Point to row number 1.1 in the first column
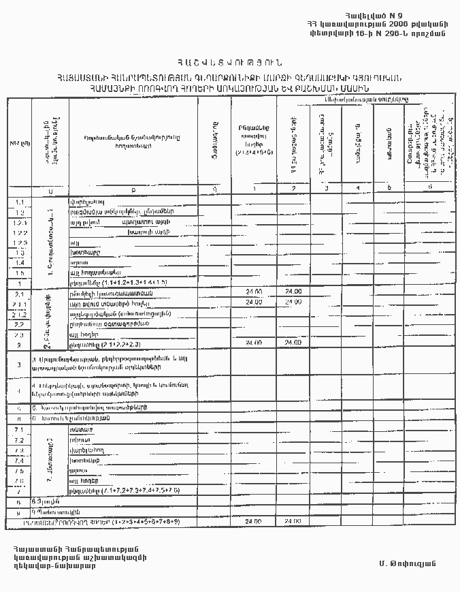19,202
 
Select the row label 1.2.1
19,223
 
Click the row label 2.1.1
19,303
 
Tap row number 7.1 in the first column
19,430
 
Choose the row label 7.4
19,461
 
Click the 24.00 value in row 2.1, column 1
254,292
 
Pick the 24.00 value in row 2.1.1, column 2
293,302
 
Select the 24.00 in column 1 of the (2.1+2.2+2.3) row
254,343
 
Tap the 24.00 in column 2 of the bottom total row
293,522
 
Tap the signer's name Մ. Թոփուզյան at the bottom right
408,564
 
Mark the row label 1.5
19,272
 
